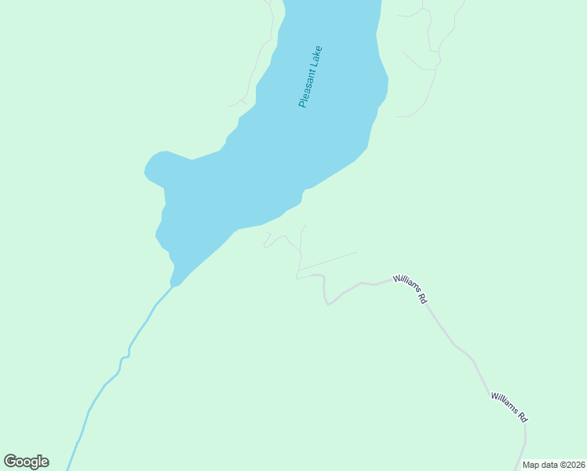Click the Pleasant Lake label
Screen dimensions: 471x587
311,76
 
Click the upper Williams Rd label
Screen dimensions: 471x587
411,289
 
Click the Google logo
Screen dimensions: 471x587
26,462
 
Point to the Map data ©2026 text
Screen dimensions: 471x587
553,465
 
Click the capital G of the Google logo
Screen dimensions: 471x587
10,462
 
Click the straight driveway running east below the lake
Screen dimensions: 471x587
328,261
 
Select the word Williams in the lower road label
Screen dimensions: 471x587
505,404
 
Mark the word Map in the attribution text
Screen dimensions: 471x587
530,465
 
